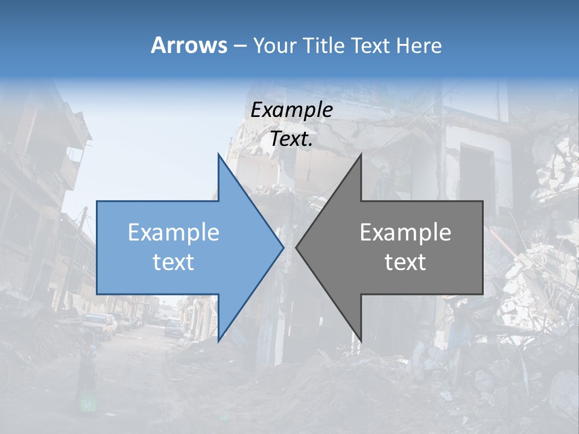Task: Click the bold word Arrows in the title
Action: [x=188, y=45]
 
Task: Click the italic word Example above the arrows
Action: [x=291, y=110]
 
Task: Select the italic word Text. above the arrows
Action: [x=291, y=139]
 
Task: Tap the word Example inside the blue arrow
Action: [x=174, y=233]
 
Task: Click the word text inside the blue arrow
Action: [x=174, y=262]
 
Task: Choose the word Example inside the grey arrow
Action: [x=405, y=233]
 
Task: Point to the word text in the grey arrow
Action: [x=405, y=262]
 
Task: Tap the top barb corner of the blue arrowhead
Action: [x=219, y=155]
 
